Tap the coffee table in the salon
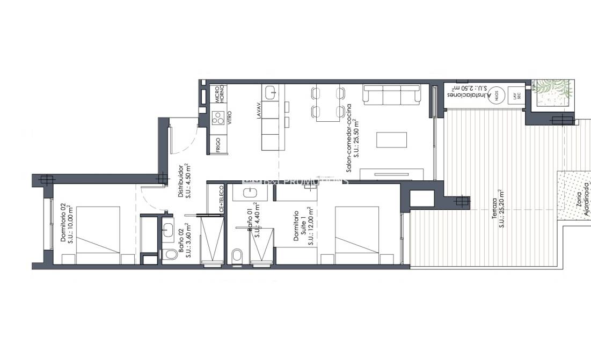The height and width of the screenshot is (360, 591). [388, 139]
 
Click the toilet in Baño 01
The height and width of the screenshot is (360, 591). [237, 255]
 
